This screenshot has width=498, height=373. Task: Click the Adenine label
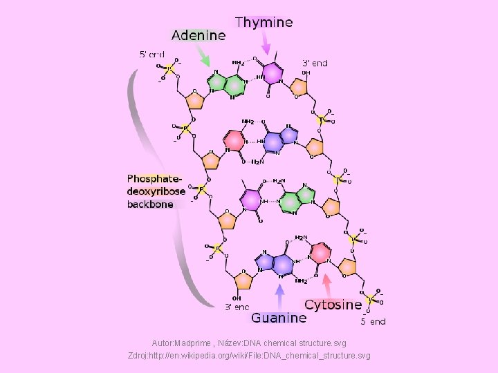199,35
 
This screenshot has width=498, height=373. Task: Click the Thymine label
264,22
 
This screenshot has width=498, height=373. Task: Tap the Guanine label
278,318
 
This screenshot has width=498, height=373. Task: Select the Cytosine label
333,305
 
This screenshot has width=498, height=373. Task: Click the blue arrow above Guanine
279,296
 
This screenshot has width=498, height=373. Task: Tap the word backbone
151,204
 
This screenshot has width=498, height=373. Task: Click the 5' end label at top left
152,54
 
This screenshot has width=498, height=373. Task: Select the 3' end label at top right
315,63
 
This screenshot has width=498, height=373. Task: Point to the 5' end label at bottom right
373,321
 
